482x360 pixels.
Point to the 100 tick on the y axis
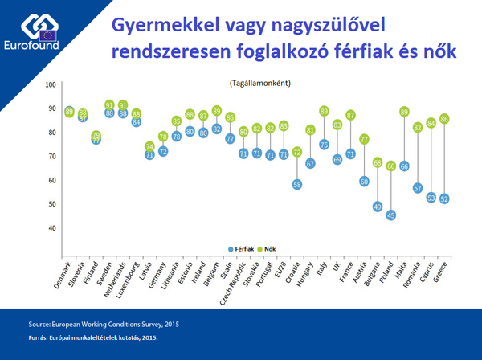51,84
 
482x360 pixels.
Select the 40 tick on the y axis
52,227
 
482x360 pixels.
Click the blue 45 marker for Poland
391,215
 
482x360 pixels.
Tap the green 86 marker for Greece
444,118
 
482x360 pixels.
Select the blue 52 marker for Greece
444,198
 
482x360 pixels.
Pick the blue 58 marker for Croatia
297,184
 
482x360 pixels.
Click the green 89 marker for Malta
404,111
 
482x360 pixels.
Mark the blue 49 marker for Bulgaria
378,206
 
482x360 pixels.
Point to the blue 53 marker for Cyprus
431,196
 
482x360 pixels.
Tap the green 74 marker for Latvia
149,146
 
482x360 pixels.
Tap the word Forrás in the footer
40,337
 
